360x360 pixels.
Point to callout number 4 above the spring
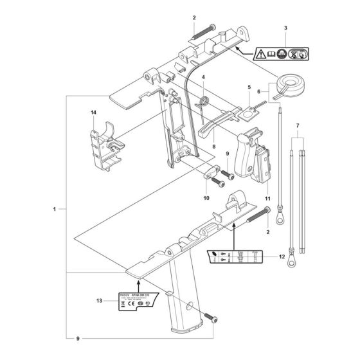pyautogui.click(x=203, y=78)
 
